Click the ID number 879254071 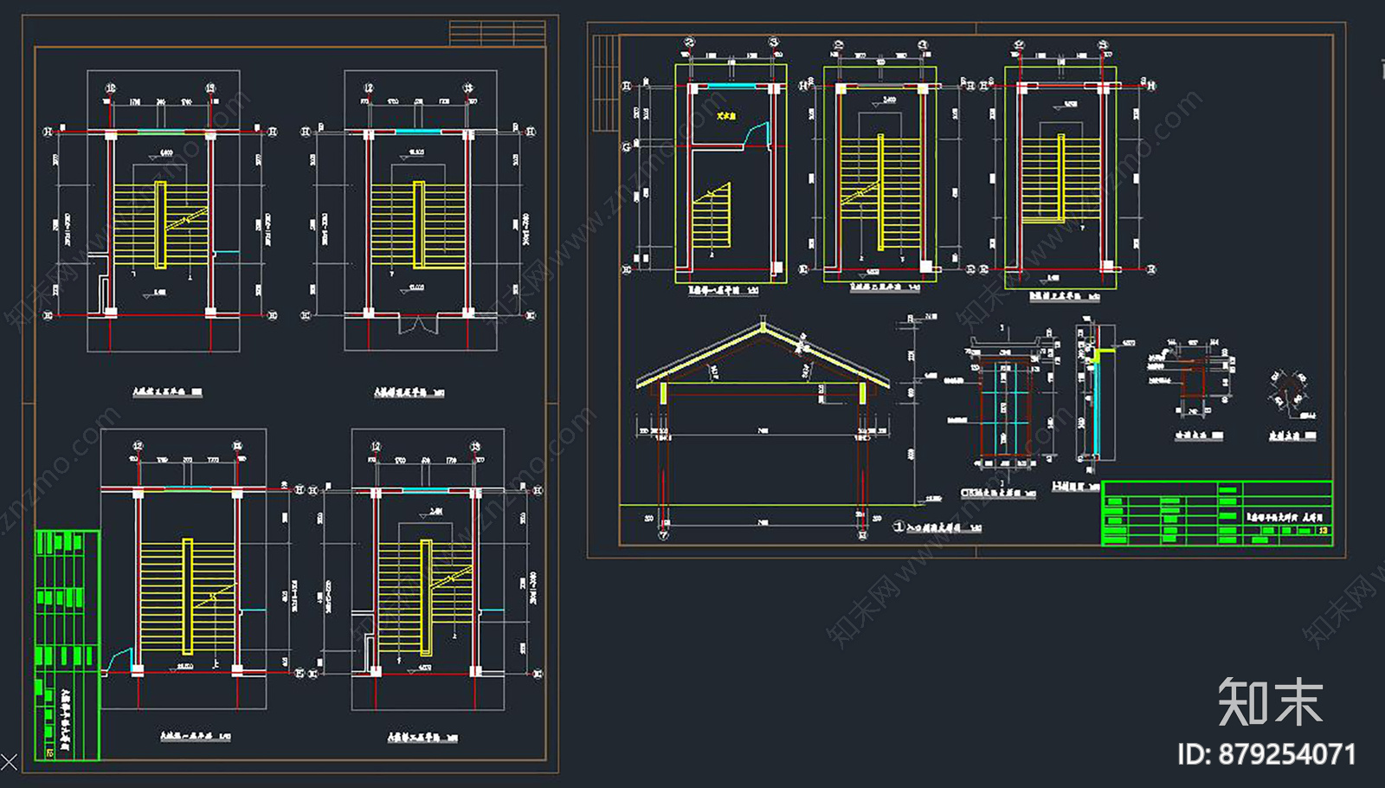1266,754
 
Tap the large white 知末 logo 1270,701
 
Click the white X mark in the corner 9,763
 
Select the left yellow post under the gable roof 664,393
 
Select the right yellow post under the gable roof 863,393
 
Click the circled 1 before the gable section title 899,526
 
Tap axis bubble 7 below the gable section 664,536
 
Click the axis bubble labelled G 627,147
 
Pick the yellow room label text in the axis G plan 725,115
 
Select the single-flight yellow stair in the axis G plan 712,216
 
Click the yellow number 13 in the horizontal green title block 1323,530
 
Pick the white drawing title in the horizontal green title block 1285,516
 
